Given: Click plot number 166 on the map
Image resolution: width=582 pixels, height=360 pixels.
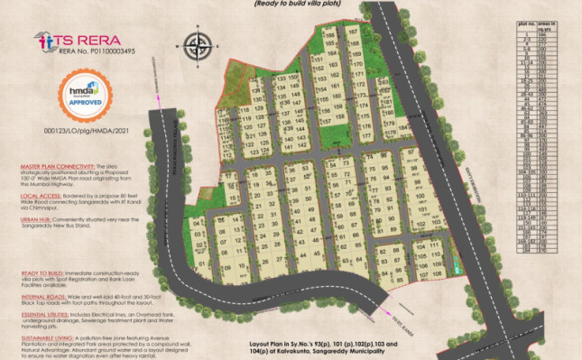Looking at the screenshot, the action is coord(331,33).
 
